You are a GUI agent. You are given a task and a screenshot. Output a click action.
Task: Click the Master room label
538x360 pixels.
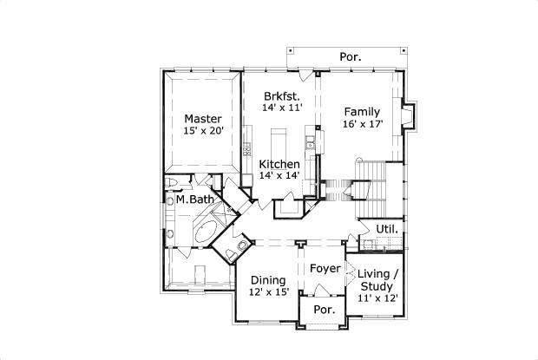[x=202, y=119]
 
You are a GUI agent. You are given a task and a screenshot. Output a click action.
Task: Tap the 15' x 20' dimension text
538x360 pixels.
[x=203, y=131]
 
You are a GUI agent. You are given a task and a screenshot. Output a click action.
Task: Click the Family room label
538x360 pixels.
[x=361, y=112]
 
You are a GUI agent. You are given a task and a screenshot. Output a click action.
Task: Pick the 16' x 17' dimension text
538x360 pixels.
[x=362, y=124]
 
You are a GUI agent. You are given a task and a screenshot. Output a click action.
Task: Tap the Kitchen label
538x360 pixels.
[x=279, y=164]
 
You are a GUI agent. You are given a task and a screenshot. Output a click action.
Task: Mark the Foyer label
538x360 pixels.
[x=325, y=268]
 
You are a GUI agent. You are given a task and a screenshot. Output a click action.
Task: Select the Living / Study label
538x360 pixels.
[x=378, y=279]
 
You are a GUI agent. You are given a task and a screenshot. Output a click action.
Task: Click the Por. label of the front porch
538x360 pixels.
[x=324, y=310]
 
